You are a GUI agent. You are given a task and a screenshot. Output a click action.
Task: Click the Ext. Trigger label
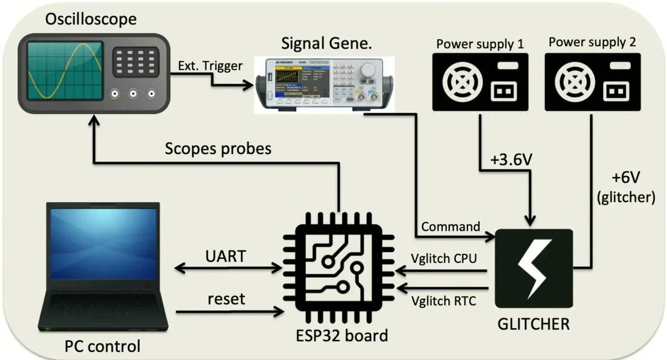[x=210, y=66]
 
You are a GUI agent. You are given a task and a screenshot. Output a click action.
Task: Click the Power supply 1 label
[x=480, y=43]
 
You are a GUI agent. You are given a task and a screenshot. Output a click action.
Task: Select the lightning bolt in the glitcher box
[x=533, y=269]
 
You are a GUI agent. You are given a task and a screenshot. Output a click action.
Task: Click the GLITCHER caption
[x=534, y=323]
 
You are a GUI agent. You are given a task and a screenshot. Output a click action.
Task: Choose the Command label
[x=451, y=227]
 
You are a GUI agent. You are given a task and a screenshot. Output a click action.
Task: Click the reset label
[x=226, y=299]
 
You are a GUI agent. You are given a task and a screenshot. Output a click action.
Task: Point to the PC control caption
[x=102, y=347]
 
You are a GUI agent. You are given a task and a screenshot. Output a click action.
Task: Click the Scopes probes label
[x=218, y=149]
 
